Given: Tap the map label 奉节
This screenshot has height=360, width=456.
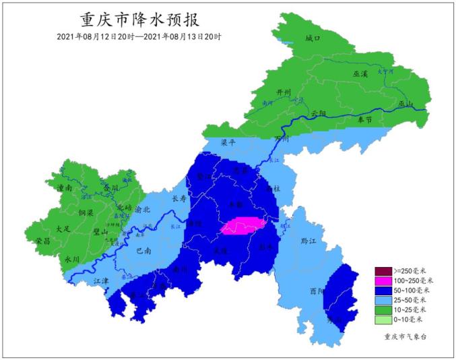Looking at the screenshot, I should point(364,119).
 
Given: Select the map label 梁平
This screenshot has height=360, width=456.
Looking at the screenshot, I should point(230,143).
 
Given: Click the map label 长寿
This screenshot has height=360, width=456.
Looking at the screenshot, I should point(179,199).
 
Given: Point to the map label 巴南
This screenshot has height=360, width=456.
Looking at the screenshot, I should point(143,250).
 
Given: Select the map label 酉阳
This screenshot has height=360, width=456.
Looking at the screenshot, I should point(317,291).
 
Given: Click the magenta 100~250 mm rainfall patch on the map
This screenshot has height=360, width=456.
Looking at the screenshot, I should point(242,227).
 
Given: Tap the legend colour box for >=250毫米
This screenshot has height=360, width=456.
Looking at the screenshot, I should point(383,272).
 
